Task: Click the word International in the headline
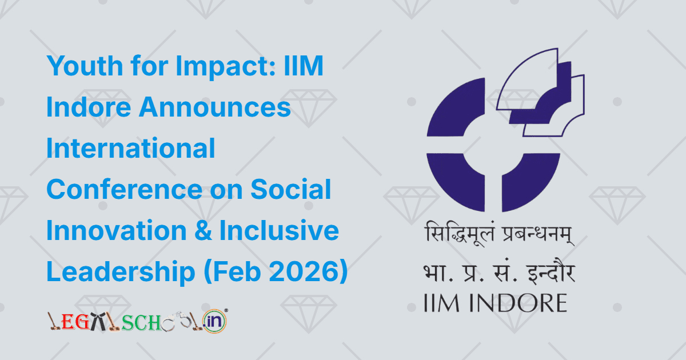click(131, 149)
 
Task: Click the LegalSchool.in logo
click(137, 322)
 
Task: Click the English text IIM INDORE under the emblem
click(495, 302)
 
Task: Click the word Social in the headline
click(297, 190)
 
